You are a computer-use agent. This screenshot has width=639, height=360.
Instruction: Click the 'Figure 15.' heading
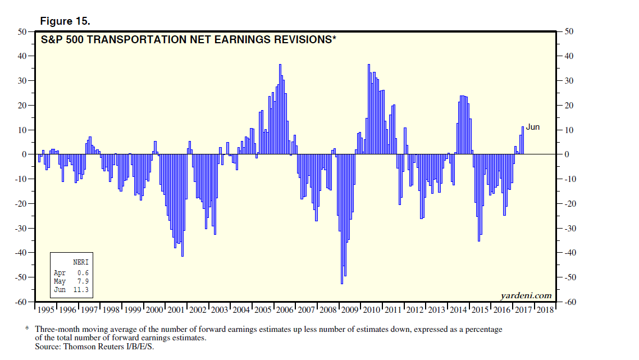(x=65, y=21)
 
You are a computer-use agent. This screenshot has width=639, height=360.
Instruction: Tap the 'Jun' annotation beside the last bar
(x=533, y=127)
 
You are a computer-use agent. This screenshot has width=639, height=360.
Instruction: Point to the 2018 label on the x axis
(x=545, y=309)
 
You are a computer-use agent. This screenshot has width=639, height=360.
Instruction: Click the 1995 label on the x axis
(x=47, y=309)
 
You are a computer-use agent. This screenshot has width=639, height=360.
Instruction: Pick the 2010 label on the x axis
(x=372, y=309)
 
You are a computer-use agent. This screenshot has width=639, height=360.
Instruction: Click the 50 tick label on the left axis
(x=23, y=31)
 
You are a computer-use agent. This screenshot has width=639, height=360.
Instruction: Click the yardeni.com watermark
(x=526, y=295)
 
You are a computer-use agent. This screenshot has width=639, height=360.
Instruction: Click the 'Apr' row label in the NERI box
(x=60, y=273)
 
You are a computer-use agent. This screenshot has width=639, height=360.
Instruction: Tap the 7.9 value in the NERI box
(x=83, y=281)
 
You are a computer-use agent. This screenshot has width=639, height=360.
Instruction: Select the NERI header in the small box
(x=81, y=262)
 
